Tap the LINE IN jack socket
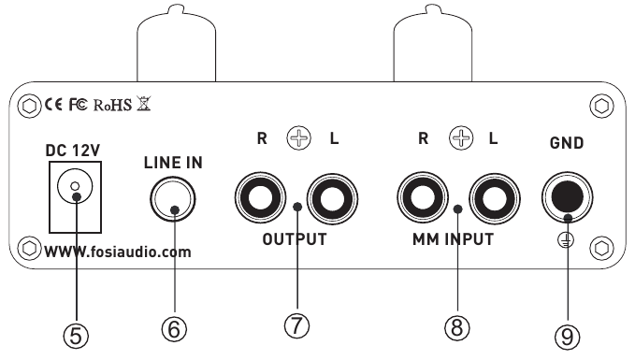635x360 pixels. point(174,197)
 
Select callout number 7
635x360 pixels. point(296,327)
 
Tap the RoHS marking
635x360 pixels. point(113,105)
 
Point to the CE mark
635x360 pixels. point(53,105)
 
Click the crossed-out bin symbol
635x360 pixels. point(144,104)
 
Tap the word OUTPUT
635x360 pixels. point(295,238)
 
